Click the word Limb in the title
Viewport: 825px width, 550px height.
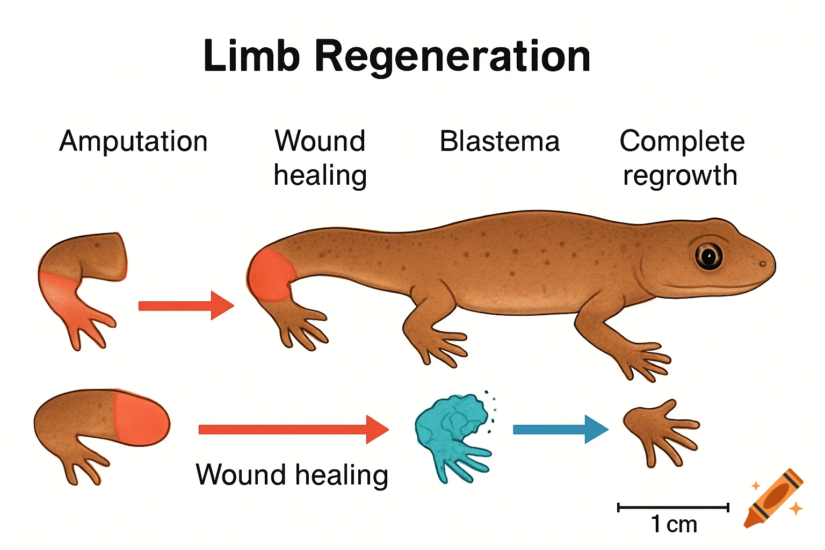click(251, 56)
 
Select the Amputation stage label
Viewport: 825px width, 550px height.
click(133, 142)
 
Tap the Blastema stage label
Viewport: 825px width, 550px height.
click(500, 142)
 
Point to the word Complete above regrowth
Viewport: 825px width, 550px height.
click(682, 142)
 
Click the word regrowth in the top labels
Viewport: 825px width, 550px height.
click(680, 176)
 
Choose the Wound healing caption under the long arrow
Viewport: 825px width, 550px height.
click(292, 475)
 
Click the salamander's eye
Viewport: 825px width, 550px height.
click(708, 256)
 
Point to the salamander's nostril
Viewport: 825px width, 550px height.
click(762, 264)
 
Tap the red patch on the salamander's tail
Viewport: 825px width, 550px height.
click(270, 275)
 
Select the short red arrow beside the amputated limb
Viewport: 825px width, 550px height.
click(185, 306)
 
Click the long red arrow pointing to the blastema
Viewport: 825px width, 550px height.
click(293, 429)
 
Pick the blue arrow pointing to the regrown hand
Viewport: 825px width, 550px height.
click(560, 429)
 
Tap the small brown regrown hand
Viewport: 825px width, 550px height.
click(658, 430)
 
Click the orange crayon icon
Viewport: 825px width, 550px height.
click(773, 498)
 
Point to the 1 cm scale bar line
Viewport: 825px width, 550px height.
click(673, 507)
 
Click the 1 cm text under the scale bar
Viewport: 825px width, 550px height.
click(674, 524)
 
